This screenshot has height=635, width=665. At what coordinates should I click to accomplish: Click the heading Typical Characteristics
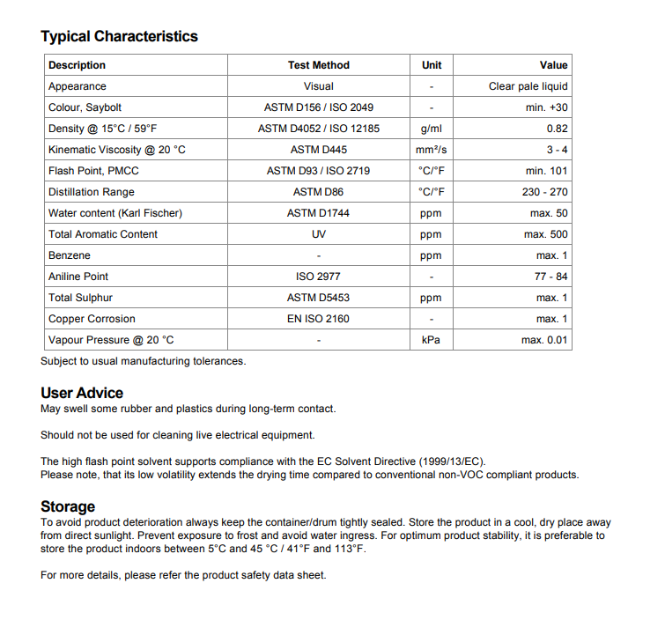[119, 36]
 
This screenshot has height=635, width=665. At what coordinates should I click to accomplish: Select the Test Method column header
[318, 65]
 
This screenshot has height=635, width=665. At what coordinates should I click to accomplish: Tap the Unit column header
[432, 65]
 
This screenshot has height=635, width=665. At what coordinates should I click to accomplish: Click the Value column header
[553, 65]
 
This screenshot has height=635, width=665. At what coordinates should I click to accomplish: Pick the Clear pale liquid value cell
[528, 86]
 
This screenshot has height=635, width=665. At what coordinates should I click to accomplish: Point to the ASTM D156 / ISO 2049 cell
[318, 107]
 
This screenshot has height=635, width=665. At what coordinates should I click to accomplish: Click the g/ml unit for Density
[432, 129]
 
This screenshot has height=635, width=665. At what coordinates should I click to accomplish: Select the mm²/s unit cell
[432, 150]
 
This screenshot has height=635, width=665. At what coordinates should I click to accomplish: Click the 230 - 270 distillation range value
[544, 192]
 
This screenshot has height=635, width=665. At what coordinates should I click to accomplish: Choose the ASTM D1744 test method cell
[318, 213]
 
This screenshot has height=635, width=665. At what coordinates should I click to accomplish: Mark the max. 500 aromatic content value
[546, 234]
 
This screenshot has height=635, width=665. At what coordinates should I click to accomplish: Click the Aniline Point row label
[78, 277]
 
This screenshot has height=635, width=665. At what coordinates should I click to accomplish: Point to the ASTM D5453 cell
[318, 298]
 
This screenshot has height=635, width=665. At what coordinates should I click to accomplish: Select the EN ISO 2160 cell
[318, 319]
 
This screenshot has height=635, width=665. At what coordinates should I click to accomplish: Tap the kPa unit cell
[432, 340]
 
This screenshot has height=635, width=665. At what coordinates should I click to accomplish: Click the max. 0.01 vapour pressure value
[544, 340]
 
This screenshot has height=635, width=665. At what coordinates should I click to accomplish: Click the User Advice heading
[82, 393]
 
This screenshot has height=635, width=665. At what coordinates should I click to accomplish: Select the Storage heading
[68, 506]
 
